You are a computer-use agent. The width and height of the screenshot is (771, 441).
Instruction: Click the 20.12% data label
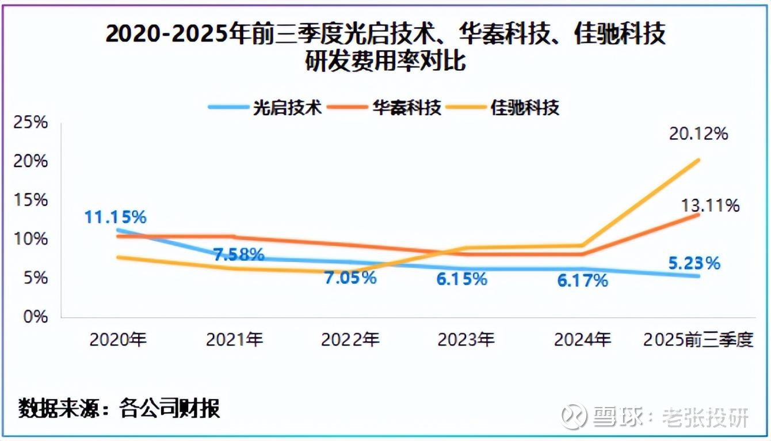(x=699, y=134)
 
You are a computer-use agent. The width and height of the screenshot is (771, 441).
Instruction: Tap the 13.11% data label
(x=710, y=206)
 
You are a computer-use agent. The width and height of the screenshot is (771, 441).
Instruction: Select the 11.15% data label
(x=116, y=217)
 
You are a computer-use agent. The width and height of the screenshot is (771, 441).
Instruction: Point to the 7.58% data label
(x=239, y=254)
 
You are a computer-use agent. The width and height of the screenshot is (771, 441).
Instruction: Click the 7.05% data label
(x=350, y=278)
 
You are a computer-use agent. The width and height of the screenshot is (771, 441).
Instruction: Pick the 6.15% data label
(x=461, y=279)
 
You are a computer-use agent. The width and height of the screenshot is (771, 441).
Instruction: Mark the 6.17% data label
(x=582, y=281)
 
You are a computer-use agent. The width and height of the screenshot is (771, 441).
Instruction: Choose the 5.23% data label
(x=694, y=263)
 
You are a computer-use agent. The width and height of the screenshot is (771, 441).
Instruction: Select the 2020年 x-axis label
(x=118, y=340)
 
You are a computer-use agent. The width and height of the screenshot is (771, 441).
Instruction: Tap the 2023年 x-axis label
(x=466, y=340)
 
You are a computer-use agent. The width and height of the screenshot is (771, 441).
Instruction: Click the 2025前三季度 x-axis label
(x=698, y=340)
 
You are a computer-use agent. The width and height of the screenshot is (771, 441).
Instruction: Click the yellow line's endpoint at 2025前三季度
(x=699, y=159)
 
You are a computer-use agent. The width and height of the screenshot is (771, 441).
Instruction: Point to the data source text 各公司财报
(x=170, y=409)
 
